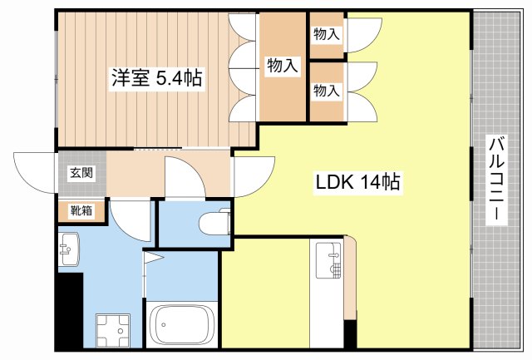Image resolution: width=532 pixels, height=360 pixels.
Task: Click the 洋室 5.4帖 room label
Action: point(156,79)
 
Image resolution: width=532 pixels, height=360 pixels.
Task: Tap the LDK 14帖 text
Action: point(357,182)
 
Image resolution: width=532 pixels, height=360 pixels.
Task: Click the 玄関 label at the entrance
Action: point(81,173)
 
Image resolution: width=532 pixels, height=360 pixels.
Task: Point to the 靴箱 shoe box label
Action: point(81,212)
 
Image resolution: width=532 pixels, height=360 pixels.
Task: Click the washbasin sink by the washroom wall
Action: point(67,249)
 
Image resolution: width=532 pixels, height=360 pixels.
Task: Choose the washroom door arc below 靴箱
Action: point(130,220)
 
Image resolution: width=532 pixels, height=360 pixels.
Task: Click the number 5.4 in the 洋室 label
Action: point(175,79)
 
